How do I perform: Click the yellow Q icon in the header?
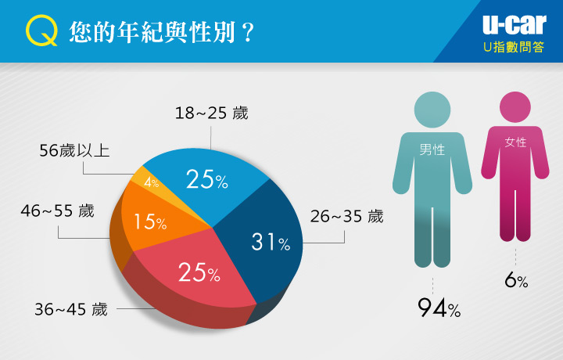(x=41, y=31)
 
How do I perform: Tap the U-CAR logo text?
(x=515, y=25)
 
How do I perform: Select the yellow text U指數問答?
(x=515, y=47)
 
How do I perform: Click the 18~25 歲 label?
(x=211, y=113)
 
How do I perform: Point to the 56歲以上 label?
(x=74, y=150)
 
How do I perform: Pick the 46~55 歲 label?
(x=57, y=211)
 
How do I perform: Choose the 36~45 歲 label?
(x=71, y=309)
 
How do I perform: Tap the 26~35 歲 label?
(x=347, y=217)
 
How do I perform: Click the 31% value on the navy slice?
(x=271, y=242)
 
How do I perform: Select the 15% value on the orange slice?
(x=150, y=221)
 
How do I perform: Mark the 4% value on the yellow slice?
(x=152, y=182)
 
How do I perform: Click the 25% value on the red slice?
(x=199, y=272)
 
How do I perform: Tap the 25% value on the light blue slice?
(x=206, y=179)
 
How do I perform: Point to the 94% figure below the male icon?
(x=439, y=308)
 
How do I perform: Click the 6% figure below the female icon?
(x=516, y=280)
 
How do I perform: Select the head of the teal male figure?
(x=432, y=110)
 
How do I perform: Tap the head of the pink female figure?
(x=515, y=107)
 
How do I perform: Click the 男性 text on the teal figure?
(x=432, y=149)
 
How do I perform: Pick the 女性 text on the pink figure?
(x=515, y=142)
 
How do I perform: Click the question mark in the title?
(x=248, y=33)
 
